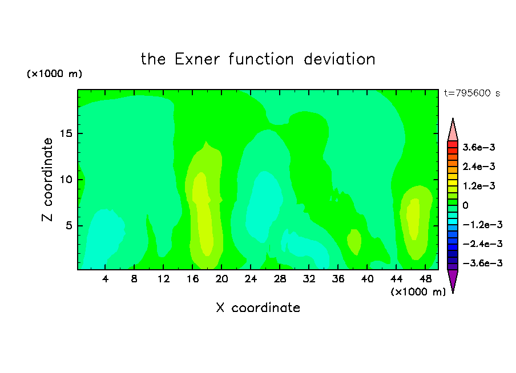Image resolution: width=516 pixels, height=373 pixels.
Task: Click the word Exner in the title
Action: (197, 59)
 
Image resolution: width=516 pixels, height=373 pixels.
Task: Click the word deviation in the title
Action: (340, 59)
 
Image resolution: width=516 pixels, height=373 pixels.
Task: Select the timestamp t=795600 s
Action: (472, 93)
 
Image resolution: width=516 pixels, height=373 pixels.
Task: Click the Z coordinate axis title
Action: (47, 180)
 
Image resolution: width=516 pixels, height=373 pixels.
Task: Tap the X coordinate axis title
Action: (258, 308)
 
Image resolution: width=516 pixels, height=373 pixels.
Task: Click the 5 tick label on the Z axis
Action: (68, 226)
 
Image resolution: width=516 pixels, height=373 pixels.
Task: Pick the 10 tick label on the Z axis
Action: (66, 180)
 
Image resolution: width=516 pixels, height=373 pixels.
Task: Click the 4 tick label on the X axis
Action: (105, 279)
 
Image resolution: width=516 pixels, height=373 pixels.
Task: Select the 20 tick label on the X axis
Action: (221, 279)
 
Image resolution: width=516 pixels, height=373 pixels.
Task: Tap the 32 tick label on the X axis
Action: (309, 279)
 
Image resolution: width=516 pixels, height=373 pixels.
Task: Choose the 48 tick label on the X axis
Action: (425, 279)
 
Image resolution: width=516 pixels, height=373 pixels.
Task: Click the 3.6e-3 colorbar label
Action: (479, 147)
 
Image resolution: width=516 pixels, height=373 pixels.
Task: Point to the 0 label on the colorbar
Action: (465, 205)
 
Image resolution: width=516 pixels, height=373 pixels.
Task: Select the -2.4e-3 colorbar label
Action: (482, 244)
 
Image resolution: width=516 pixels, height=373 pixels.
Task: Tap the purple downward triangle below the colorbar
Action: (453, 279)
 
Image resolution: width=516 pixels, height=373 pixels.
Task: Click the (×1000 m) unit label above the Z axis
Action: (54, 74)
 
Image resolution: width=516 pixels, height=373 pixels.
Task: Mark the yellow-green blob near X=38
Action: (354, 242)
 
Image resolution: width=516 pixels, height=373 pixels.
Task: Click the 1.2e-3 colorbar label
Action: (479, 186)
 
